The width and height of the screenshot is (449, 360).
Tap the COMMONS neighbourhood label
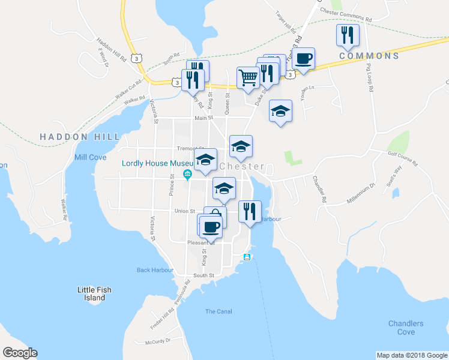tap(369, 56)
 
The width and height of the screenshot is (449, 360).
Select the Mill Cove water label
tap(90, 157)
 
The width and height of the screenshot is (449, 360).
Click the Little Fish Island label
tap(95, 293)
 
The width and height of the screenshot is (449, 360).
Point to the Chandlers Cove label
tap(406, 328)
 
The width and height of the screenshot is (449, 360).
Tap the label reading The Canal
tap(218, 311)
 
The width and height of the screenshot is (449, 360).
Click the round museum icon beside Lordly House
tap(187, 175)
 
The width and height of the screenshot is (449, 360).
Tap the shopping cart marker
tap(247, 77)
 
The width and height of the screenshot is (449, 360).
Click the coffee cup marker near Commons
tap(304, 59)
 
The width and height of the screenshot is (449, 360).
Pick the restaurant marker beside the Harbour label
tap(250, 211)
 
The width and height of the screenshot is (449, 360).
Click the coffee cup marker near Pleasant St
tap(210, 227)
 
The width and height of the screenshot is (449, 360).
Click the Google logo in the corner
tap(20, 353)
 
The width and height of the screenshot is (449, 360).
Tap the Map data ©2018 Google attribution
tap(411, 355)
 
